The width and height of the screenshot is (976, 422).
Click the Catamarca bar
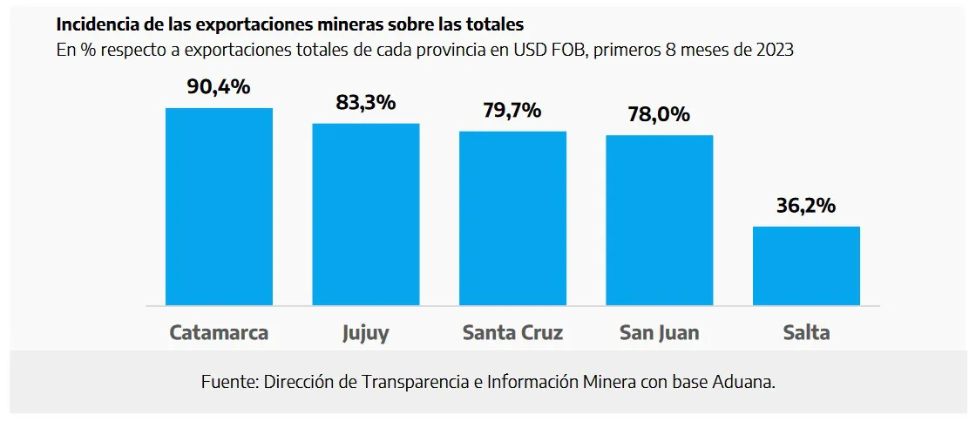219,207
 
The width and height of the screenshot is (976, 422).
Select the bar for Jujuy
366,214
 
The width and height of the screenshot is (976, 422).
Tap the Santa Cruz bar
512,218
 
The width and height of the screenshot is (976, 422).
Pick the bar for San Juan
660,221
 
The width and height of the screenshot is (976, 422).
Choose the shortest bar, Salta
806,266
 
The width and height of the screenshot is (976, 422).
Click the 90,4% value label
219,87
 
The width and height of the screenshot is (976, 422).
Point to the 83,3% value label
366,103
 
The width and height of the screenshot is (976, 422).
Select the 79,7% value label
512,111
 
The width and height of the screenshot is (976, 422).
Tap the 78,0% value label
660,114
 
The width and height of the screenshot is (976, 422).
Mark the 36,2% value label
806,206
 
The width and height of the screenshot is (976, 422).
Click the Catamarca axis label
219,333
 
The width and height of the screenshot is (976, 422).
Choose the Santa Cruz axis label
512,333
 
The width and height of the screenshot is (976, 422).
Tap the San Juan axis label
660,333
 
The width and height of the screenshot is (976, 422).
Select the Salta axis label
806,333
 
